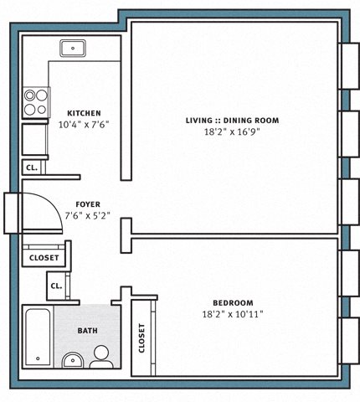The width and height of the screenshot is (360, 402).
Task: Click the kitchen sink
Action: [x=73, y=49]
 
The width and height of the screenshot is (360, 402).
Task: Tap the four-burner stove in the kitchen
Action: [x=36, y=102]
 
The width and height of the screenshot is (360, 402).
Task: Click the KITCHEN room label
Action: [x=84, y=113]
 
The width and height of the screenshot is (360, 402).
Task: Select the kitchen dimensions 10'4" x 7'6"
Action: [x=84, y=124]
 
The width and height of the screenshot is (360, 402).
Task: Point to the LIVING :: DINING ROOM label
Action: [x=233, y=121]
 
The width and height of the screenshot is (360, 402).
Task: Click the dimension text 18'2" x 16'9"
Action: [x=232, y=131]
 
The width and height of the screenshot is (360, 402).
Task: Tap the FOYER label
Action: [x=88, y=204]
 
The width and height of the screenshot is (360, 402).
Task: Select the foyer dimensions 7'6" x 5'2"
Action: [x=88, y=215]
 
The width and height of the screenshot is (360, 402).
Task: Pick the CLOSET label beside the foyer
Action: [x=44, y=258]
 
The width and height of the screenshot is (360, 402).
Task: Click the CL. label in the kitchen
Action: [x=32, y=168]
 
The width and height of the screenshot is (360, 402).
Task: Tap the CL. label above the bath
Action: [x=56, y=286]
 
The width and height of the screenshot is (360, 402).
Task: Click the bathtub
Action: [x=38, y=338]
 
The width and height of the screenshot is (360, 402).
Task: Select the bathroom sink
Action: [x=73, y=360]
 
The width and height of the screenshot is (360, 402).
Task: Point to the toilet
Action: [x=101, y=357]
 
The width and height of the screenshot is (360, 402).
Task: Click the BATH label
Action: [x=88, y=331]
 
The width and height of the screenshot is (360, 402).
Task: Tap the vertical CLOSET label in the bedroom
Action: [x=141, y=338]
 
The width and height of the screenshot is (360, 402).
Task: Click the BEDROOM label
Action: [x=233, y=303]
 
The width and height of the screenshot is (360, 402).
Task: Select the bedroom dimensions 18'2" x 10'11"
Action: [x=233, y=314]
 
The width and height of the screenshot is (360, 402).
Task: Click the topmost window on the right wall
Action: [x=350, y=66]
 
